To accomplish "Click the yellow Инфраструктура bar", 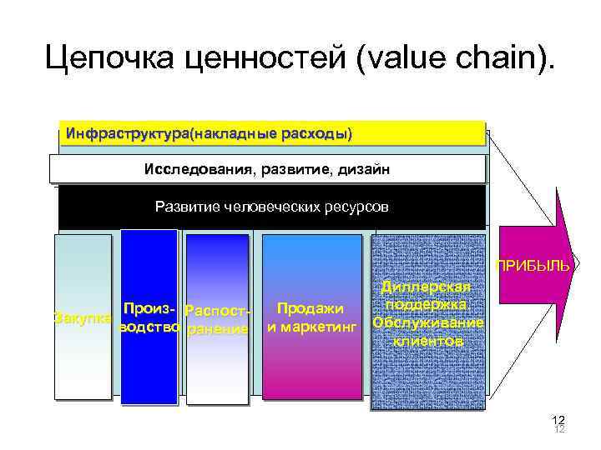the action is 272,133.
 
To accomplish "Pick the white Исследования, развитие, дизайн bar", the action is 266,170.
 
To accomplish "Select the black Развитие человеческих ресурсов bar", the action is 271,206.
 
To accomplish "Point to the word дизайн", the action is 361,170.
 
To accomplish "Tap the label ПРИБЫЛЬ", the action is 533,267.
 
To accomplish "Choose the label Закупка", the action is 82,317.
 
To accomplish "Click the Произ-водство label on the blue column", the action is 150,318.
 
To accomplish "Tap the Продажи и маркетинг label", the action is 311,318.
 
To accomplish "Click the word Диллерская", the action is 427,287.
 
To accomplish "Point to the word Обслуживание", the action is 427,322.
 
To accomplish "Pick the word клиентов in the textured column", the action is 427,341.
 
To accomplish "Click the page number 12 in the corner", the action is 558,420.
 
